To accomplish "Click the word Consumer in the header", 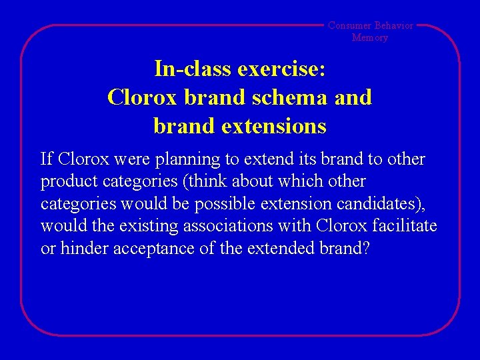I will coord(349,25).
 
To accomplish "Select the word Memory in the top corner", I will coord(370,37).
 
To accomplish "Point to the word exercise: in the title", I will coord(280,68).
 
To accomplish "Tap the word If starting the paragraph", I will coord(47,159).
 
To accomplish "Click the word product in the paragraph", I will coord(65,181).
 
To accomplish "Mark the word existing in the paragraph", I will coord(145,226).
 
